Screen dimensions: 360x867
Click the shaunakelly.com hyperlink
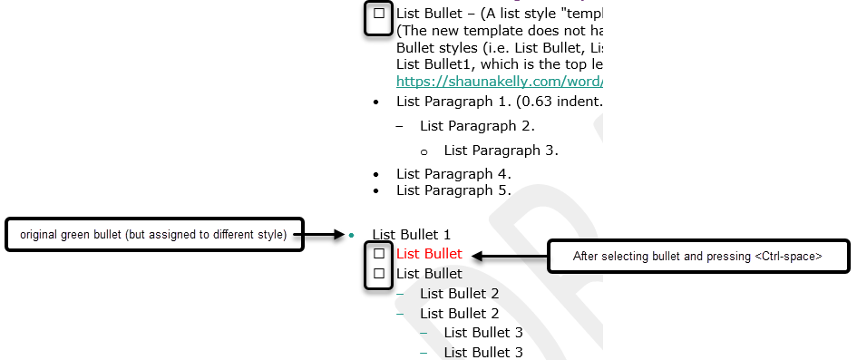point(499,81)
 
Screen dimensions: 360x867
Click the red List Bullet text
point(429,254)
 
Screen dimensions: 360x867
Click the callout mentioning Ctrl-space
point(697,257)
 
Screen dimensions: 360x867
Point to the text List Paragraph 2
point(477,126)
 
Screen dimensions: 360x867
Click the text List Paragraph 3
point(501,150)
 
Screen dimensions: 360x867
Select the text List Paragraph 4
point(453,173)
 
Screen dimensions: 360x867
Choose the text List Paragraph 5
point(453,190)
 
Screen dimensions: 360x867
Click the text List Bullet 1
point(411,234)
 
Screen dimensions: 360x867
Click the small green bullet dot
point(351,236)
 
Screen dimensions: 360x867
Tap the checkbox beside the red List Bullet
point(379,254)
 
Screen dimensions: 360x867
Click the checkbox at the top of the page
point(378,15)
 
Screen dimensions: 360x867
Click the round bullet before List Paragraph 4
point(377,174)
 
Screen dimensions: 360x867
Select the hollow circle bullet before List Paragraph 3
point(424,151)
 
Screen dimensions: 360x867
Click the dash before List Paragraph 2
point(401,126)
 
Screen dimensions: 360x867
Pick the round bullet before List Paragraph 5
point(377,191)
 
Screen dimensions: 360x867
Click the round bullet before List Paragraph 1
point(377,102)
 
